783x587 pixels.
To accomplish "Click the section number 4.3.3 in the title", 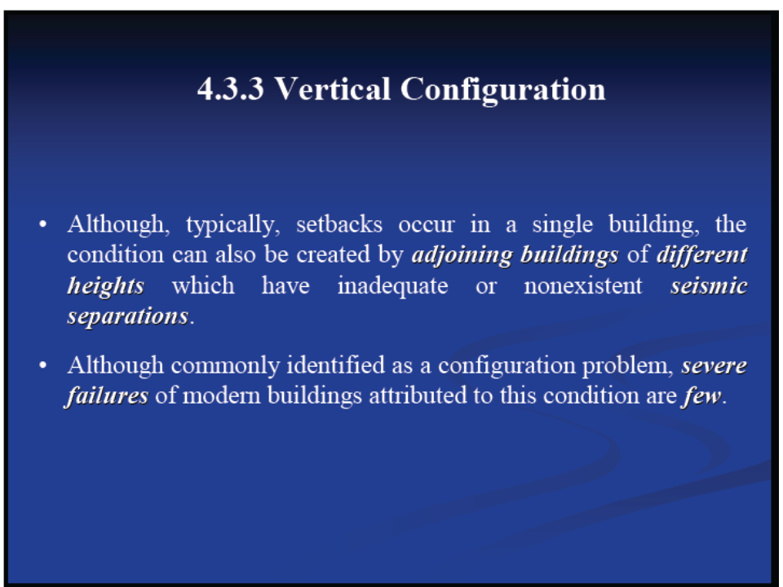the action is click(x=230, y=89).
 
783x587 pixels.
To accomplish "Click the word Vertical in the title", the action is click(x=333, y=89).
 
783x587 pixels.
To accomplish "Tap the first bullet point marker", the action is click(x=43, y=224).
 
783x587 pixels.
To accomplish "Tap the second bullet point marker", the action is click(x=43, y=365).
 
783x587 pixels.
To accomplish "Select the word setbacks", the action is click(x=339, y=224).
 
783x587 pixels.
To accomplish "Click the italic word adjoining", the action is click(x=462, y=255).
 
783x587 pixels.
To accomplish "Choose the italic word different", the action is click(x=702, y=254).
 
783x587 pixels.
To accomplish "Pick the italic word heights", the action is click(x=106, y=286).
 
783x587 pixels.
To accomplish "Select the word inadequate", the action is click(x=392, y=286).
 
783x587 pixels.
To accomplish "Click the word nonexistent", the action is click(x=582, y=286).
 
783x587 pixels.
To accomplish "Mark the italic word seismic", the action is click(x=709, y=286).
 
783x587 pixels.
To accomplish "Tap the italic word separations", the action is click(x=128, y=317).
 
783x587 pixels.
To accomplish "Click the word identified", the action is click(x=336, y=365).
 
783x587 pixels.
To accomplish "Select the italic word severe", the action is click(x=714, y=366).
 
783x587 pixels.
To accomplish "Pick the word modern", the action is click(x=222, y=396).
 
